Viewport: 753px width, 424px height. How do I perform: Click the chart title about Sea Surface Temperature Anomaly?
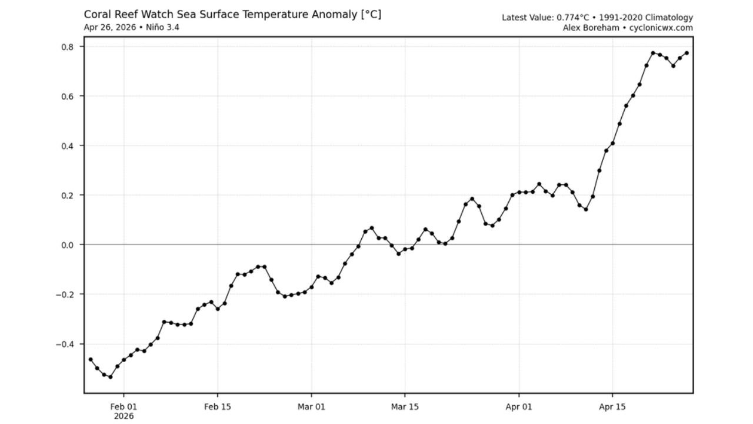(232, 15)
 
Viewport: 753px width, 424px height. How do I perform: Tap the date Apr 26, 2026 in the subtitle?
(109, 28)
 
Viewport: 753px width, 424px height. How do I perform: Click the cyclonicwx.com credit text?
(661, 28)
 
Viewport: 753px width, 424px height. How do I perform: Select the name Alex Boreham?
(591, 28)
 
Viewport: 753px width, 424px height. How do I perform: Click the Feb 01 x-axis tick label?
(124, 406)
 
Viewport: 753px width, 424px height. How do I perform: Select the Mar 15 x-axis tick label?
(405, 406)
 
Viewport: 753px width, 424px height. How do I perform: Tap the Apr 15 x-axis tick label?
(612, 406)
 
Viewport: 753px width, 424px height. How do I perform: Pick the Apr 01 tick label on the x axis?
(519, 406)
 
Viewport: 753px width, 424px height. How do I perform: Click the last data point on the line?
(687, 53)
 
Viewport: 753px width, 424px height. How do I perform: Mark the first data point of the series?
(91, 359)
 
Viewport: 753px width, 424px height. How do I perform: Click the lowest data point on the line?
(111, 377)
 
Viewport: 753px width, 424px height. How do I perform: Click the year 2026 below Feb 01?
(124, 416)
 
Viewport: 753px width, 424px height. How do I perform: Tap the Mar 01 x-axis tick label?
(311, 406)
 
